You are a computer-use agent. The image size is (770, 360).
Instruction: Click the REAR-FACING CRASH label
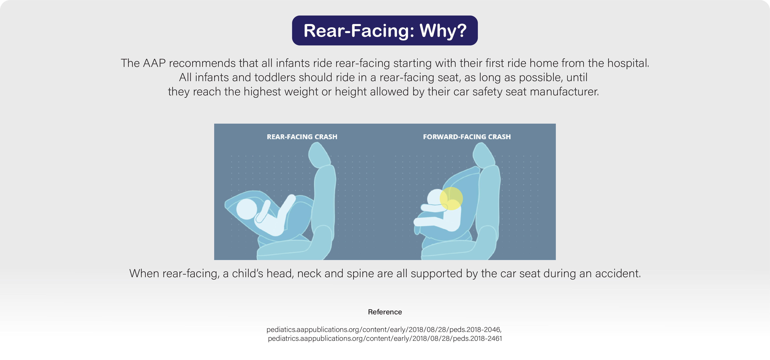(x=302, y=137)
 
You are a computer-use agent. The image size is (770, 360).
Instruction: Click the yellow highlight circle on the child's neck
(x=451, y=198)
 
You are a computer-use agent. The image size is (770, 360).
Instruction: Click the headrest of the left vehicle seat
(x=319, y=155)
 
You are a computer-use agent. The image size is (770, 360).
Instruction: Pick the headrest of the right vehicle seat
(x=484, y=155)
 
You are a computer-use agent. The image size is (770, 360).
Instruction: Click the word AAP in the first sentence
(x=154, y=63)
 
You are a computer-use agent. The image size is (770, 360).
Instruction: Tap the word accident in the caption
(x=618, y=274)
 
